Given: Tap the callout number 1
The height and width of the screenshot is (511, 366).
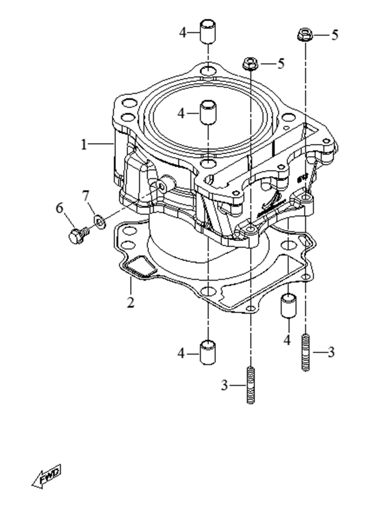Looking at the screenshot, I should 84,145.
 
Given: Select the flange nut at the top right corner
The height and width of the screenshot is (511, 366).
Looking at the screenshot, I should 305,35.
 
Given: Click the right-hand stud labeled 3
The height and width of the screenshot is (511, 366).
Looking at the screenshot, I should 305,353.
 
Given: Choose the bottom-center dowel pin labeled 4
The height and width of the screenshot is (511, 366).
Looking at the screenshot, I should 208,353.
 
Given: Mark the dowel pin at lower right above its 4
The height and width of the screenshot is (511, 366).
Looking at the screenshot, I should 289,305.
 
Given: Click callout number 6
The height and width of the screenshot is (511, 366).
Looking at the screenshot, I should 60,208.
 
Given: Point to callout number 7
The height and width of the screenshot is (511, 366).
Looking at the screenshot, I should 85,196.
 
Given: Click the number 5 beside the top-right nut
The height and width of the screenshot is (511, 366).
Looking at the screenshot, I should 335,35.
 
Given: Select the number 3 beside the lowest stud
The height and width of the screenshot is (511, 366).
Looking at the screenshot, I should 224,385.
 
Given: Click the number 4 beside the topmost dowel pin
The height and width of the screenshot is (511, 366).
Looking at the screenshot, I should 183,33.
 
